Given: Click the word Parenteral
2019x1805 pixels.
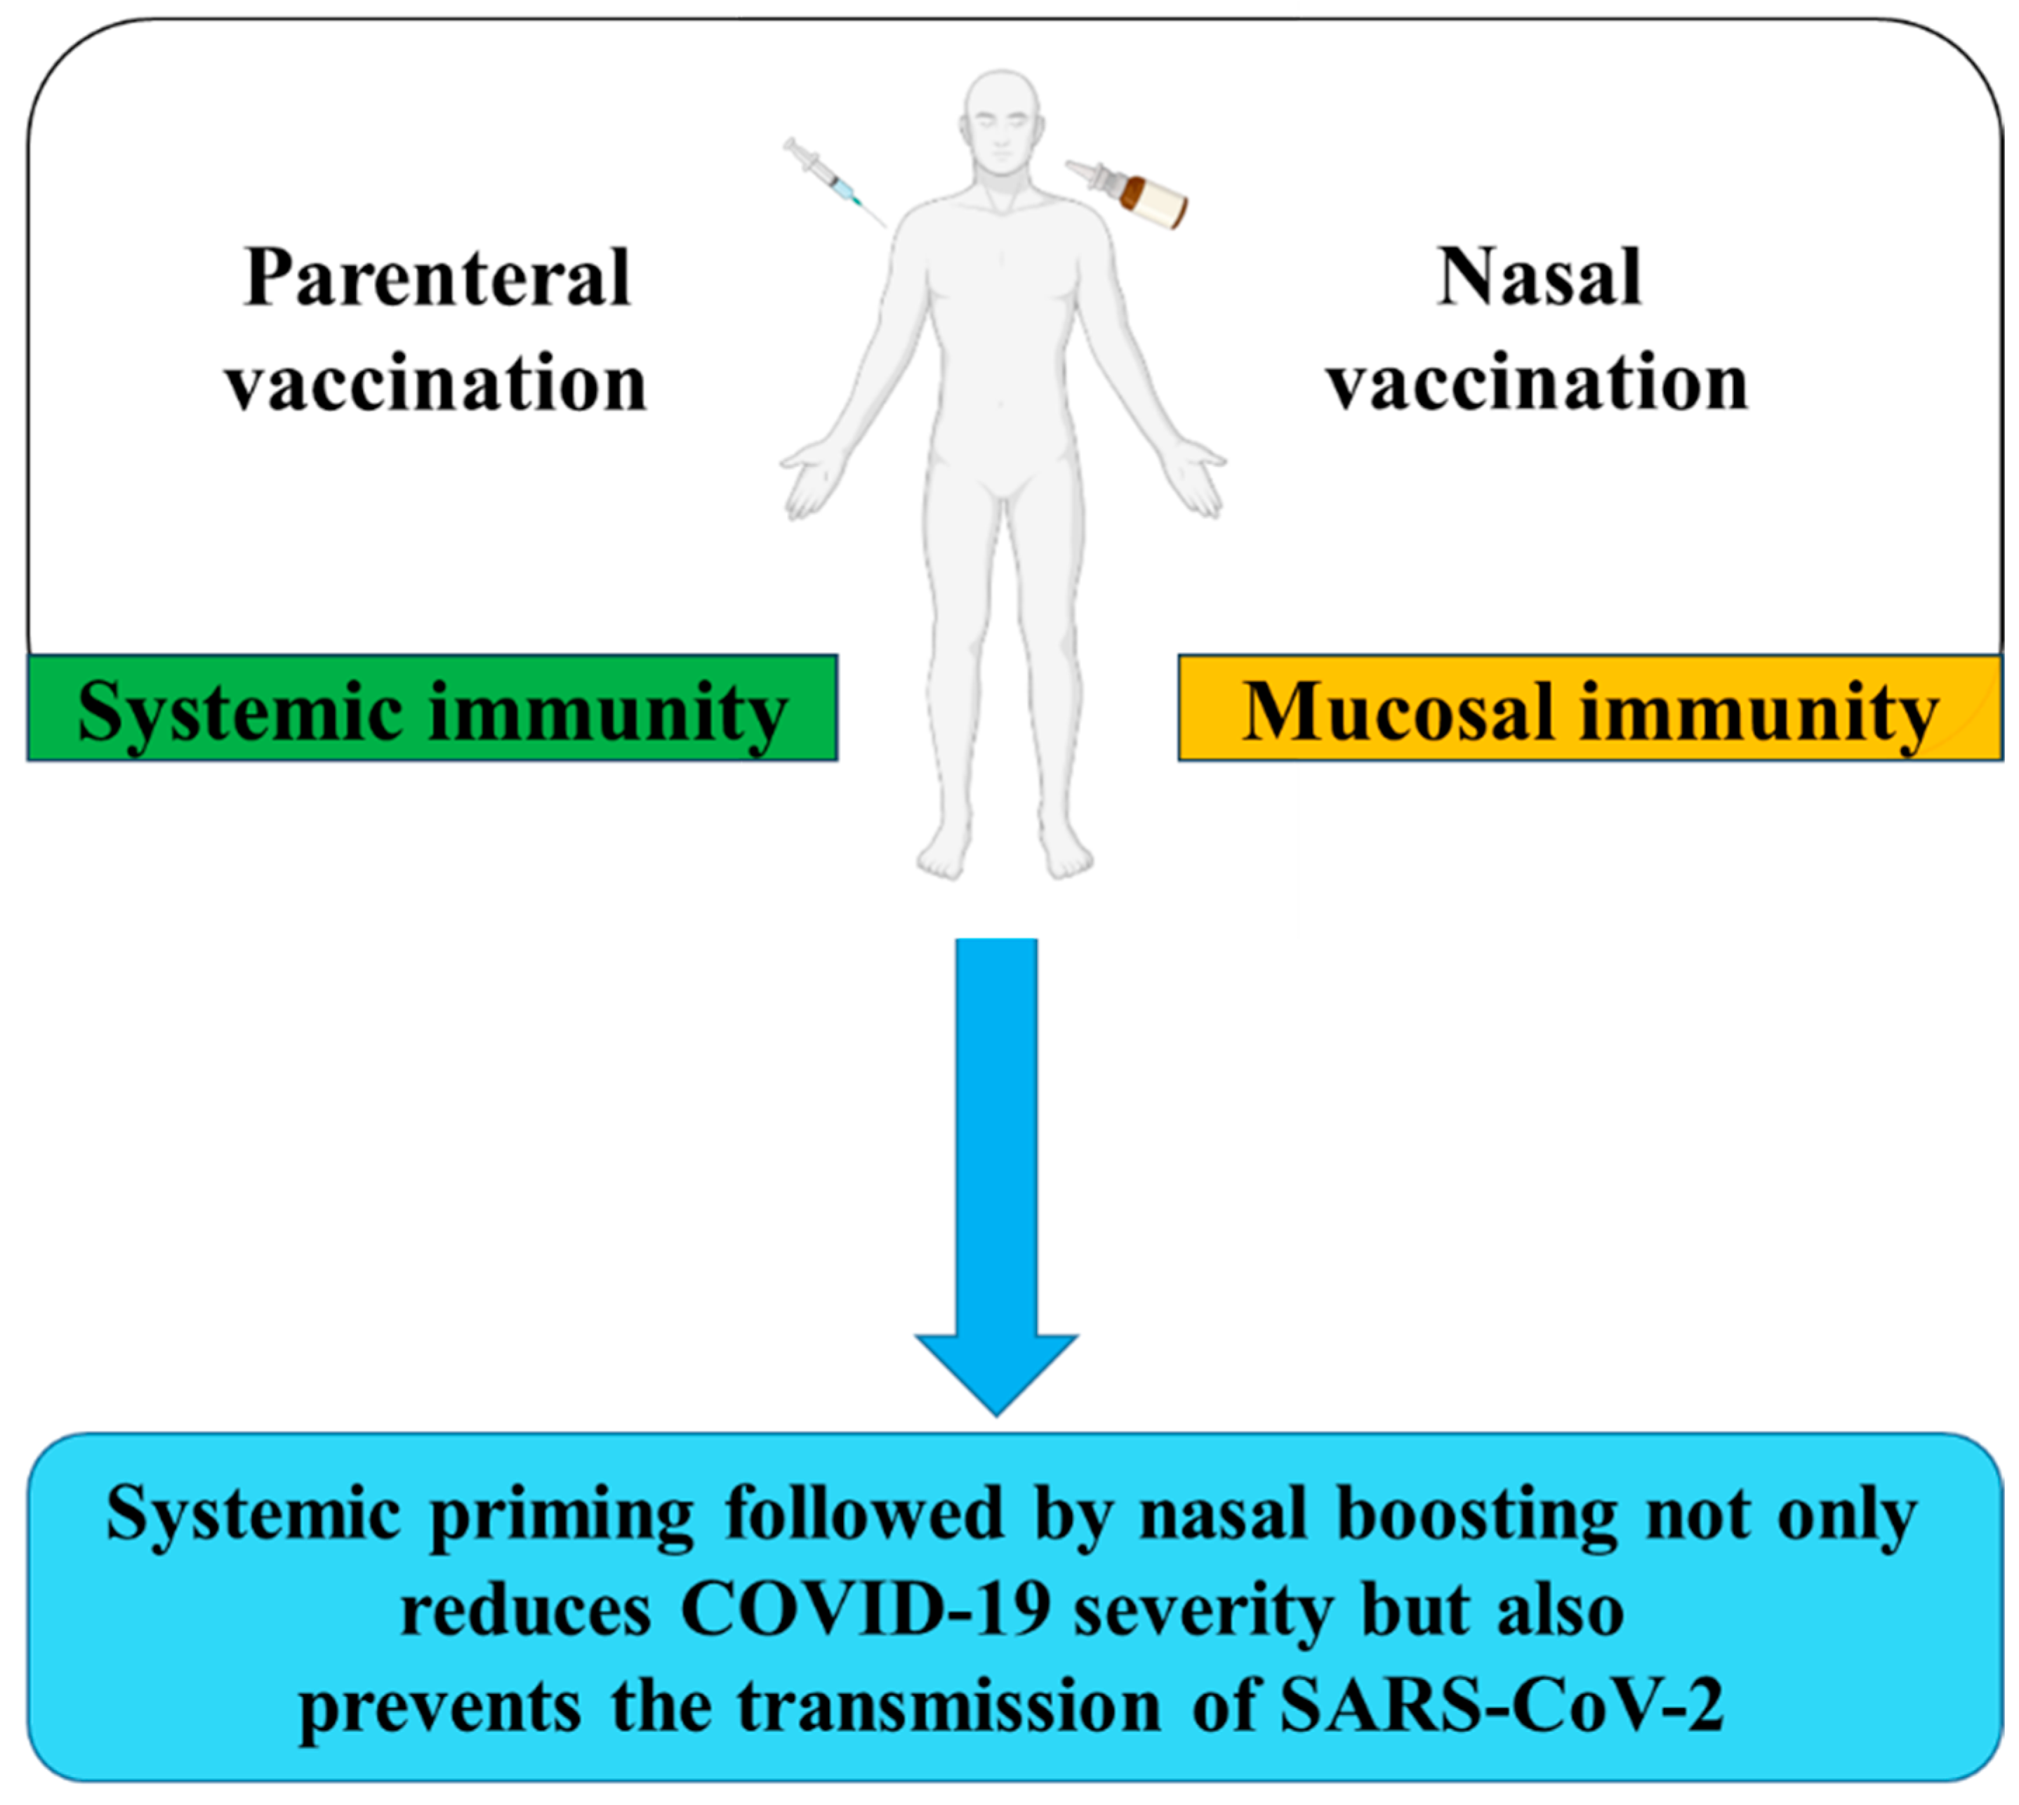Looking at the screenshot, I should pos(437,279).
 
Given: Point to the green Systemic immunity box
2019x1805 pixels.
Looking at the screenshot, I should pos(432,708).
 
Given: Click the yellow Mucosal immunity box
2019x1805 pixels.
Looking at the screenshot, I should pos(1589,708).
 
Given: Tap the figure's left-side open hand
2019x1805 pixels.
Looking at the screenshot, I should pos(807,481).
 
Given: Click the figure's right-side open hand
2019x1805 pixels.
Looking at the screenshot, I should pos(1197,481).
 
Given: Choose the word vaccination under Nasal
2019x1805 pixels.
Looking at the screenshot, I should pos(1538,385).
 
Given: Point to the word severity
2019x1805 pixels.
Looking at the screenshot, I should pos(1203,1613).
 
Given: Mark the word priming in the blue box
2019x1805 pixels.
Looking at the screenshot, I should pos(562,1517).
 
